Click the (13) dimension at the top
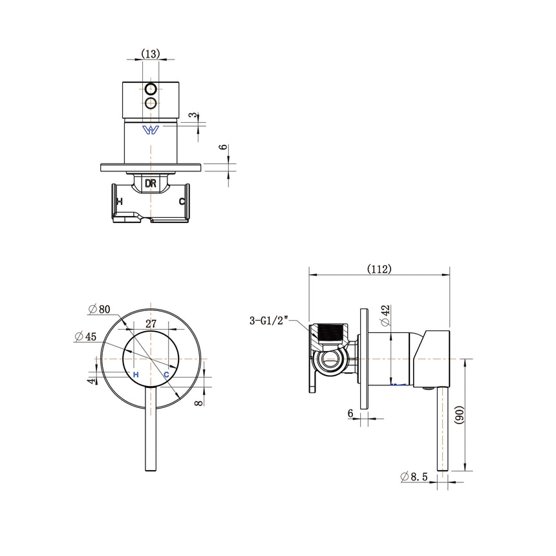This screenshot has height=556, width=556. point(151,54)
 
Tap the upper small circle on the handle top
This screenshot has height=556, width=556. point(151,89)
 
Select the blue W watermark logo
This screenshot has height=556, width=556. point(151,130)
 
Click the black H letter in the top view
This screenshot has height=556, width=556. point(118,202)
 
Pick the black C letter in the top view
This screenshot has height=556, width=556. point(182,202)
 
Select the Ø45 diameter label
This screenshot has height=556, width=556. point(86,336)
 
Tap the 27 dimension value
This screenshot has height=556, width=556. point(151,324)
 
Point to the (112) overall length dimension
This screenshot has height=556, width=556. point(379,268)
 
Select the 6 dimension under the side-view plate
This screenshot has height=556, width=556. point(350,412)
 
